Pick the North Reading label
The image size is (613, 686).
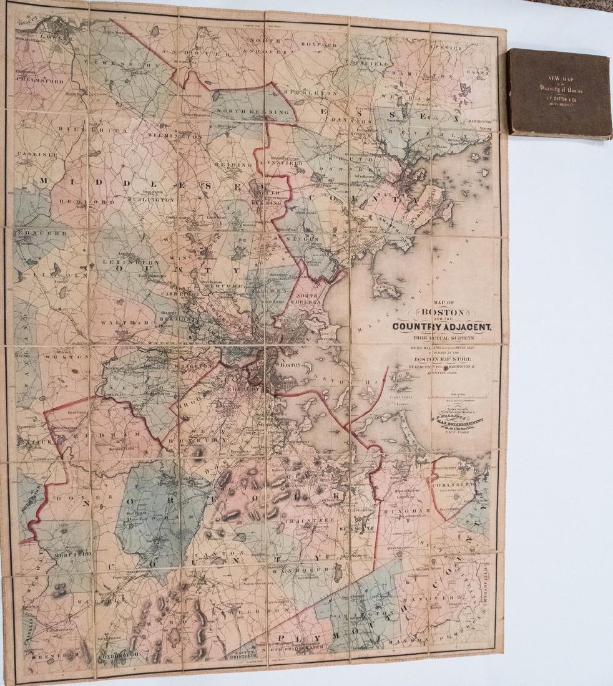[253, 111]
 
